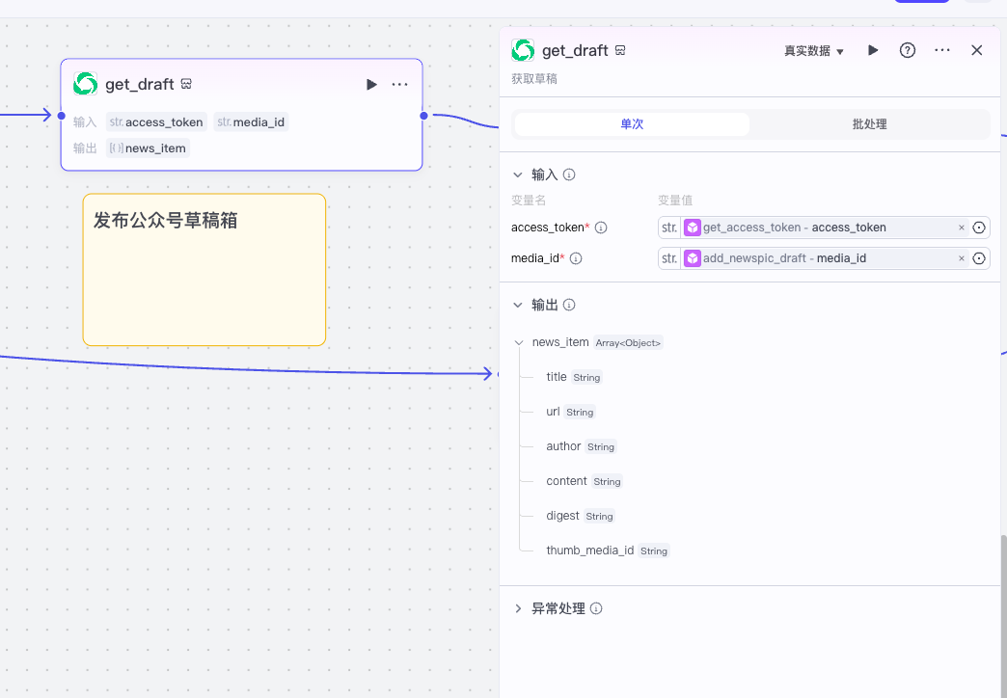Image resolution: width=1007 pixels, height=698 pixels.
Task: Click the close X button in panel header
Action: coord(976,50)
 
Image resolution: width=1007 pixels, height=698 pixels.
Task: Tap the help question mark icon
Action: coord(907,50)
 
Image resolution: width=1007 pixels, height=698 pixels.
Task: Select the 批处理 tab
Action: coord(870,124)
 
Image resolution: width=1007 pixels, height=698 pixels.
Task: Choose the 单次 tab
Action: coord(632,124)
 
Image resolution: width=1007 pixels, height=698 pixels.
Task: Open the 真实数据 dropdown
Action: coord(814,51)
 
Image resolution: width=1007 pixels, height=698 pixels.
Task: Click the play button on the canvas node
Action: coord(371,84)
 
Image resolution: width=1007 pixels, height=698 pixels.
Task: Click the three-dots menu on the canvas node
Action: coord(399,84)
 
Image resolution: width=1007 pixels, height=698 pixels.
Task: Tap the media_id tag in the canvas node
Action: coord(251,122)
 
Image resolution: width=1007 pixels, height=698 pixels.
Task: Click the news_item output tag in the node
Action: coord(148,148)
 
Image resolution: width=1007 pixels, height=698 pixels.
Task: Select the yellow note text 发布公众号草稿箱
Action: coord(166,220)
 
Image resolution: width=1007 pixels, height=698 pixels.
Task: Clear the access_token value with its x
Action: coord(962,228)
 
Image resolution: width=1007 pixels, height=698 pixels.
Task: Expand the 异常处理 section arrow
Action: coord(518,608)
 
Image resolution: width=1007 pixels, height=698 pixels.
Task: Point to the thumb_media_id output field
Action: coord(589,550)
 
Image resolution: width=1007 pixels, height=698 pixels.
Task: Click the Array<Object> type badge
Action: coord(628,343)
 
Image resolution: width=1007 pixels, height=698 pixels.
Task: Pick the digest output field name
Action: coord(562,516)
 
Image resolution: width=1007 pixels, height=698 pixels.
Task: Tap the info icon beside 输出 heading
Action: coord(569,305)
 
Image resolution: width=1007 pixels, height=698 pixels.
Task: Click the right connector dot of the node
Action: coord(423,116)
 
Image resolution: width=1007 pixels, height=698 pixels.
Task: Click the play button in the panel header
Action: coord(873,50)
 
